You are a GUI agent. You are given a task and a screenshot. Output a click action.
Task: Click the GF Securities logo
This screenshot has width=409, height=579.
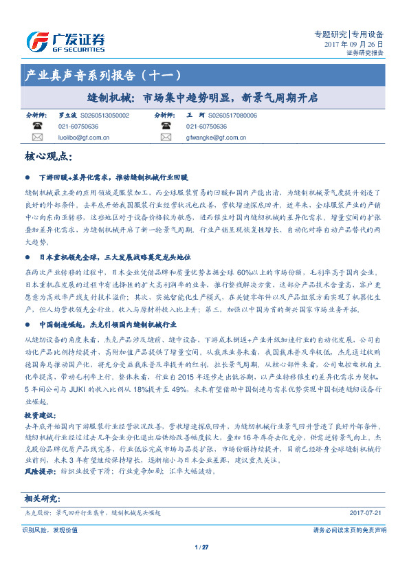pyautogui.click(x=65, y=41)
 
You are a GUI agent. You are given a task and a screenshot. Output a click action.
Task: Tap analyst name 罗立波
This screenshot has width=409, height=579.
pyautogui.click(x=67, y=116)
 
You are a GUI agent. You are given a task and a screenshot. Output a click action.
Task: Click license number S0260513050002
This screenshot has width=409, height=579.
pyautogui.click(x=104, y=116)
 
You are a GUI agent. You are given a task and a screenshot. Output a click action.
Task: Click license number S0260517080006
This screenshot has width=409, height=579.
pyautogui.click(x=232, y=116)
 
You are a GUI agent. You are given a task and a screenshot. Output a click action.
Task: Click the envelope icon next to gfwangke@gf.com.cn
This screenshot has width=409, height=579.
pyautogui.click(x=165, y=138)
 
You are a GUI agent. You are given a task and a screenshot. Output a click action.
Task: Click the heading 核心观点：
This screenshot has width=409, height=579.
pyautogui.click(x=49, y=157)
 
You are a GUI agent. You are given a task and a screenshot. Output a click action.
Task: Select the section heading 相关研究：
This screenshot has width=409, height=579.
pyautogui.click(x=43, y=498)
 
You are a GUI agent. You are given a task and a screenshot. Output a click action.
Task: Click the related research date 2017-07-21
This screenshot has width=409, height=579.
pyautogui.click(x=364, y=512)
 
